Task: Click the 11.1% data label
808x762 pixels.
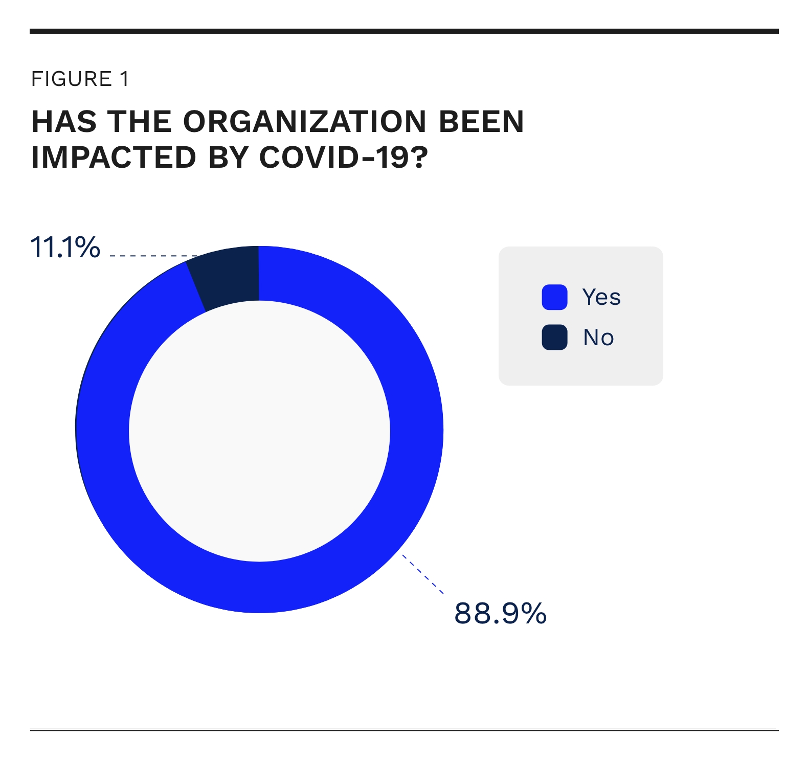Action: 65,248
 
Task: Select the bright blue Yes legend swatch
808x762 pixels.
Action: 554,297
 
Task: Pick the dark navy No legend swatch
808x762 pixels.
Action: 554,338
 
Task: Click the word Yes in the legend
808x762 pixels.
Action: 601,297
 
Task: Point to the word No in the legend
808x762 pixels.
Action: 598,338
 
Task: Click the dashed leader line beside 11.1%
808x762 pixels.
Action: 153,255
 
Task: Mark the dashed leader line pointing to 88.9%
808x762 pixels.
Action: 423,574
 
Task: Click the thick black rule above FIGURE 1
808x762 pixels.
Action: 404,31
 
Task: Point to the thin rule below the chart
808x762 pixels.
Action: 404,730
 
